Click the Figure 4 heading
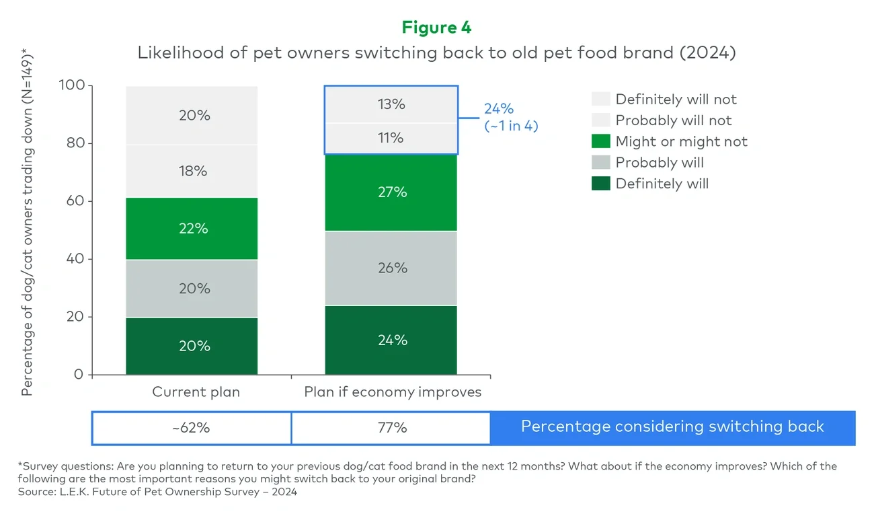[x=436, y=28]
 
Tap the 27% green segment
[x=391, y=192]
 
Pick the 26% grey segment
[x=391, y=268]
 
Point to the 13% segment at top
[x=391, y=104]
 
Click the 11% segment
[x=391, y=138]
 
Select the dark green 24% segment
[x=391, y=340]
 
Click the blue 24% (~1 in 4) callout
[x=510, y=117]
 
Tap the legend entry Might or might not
[x=680, y=142]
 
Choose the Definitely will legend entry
[x=662, y=184]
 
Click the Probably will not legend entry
[x=673, y=120]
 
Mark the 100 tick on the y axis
[x=71, y=85]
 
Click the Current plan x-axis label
[x=196, y=392]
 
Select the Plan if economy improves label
[x=393, y=392]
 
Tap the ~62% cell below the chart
[x=191, y=428]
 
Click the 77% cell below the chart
[x=391, y=428]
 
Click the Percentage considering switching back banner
[x=672, y=427]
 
